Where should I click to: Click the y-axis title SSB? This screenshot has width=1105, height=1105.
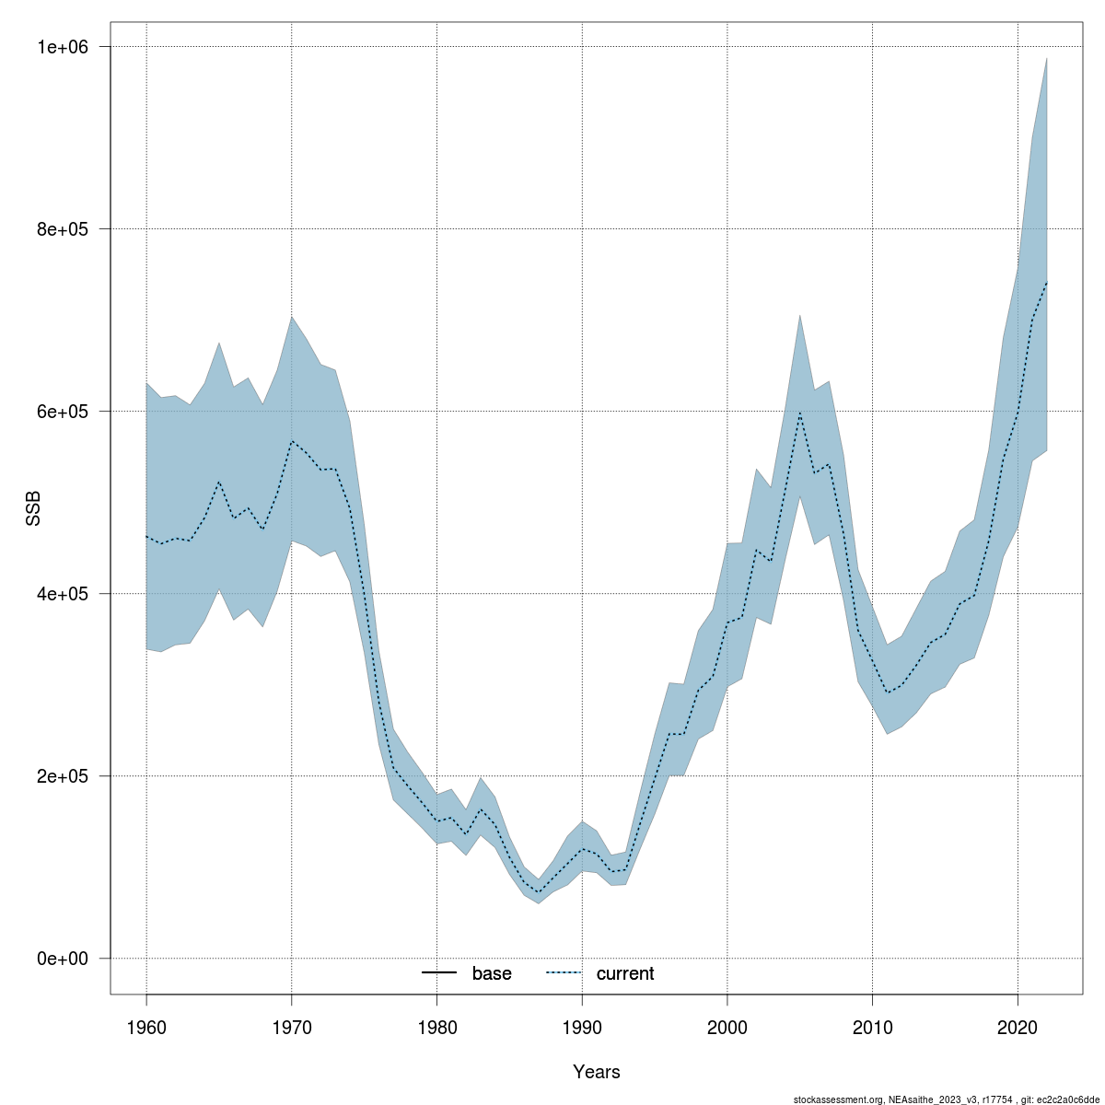click(33, 509)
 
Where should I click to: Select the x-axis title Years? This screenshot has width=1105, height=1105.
click(597, 1072)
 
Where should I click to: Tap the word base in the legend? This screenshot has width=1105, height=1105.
click(492, 974)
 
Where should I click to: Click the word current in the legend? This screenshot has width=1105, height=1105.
click(625, 974)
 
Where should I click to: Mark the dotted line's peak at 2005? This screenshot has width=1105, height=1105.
click(799, 413)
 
